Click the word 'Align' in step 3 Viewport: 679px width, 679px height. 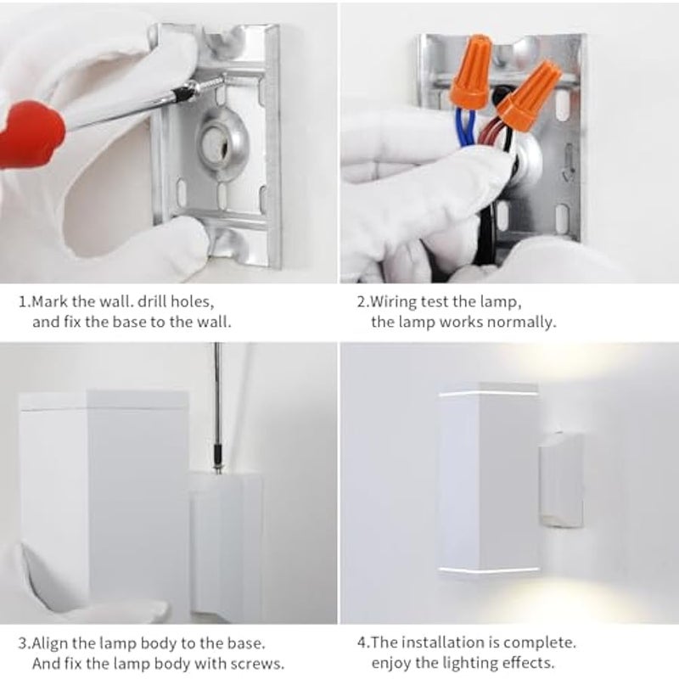tap(50, 644)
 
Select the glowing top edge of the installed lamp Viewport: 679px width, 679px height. tap(488, 394)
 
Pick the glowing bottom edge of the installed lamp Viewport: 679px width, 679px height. tap(488, 570)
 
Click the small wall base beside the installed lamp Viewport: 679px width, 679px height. tap(560, 480)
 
